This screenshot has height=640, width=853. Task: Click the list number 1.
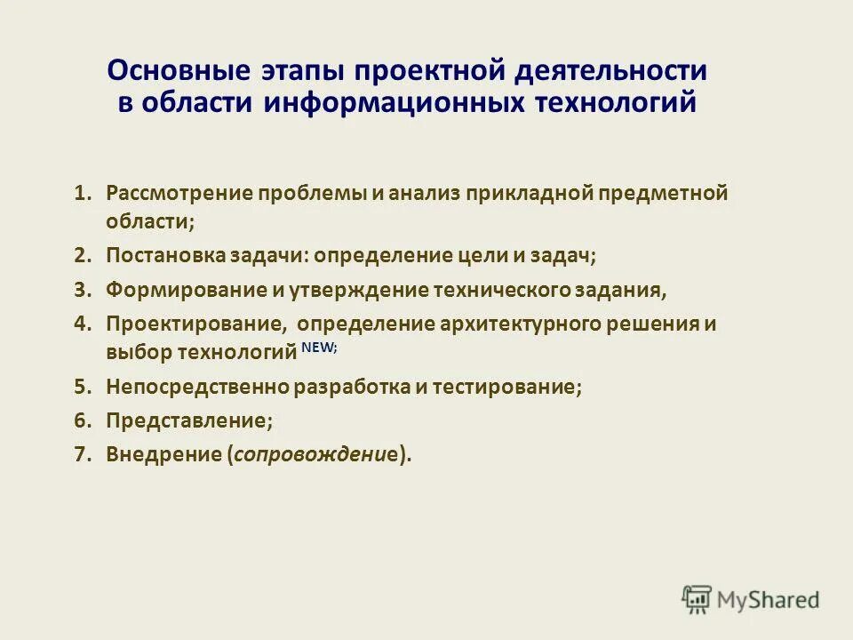tap(83, 193)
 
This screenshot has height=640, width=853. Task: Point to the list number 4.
tap(83, 324)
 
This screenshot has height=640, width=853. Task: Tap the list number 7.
tap(83, 453)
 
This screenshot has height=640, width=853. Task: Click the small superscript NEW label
tap(319, 348)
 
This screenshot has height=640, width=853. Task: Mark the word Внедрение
tap(163, 453)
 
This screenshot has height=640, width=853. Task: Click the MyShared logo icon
tap(697, 598)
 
